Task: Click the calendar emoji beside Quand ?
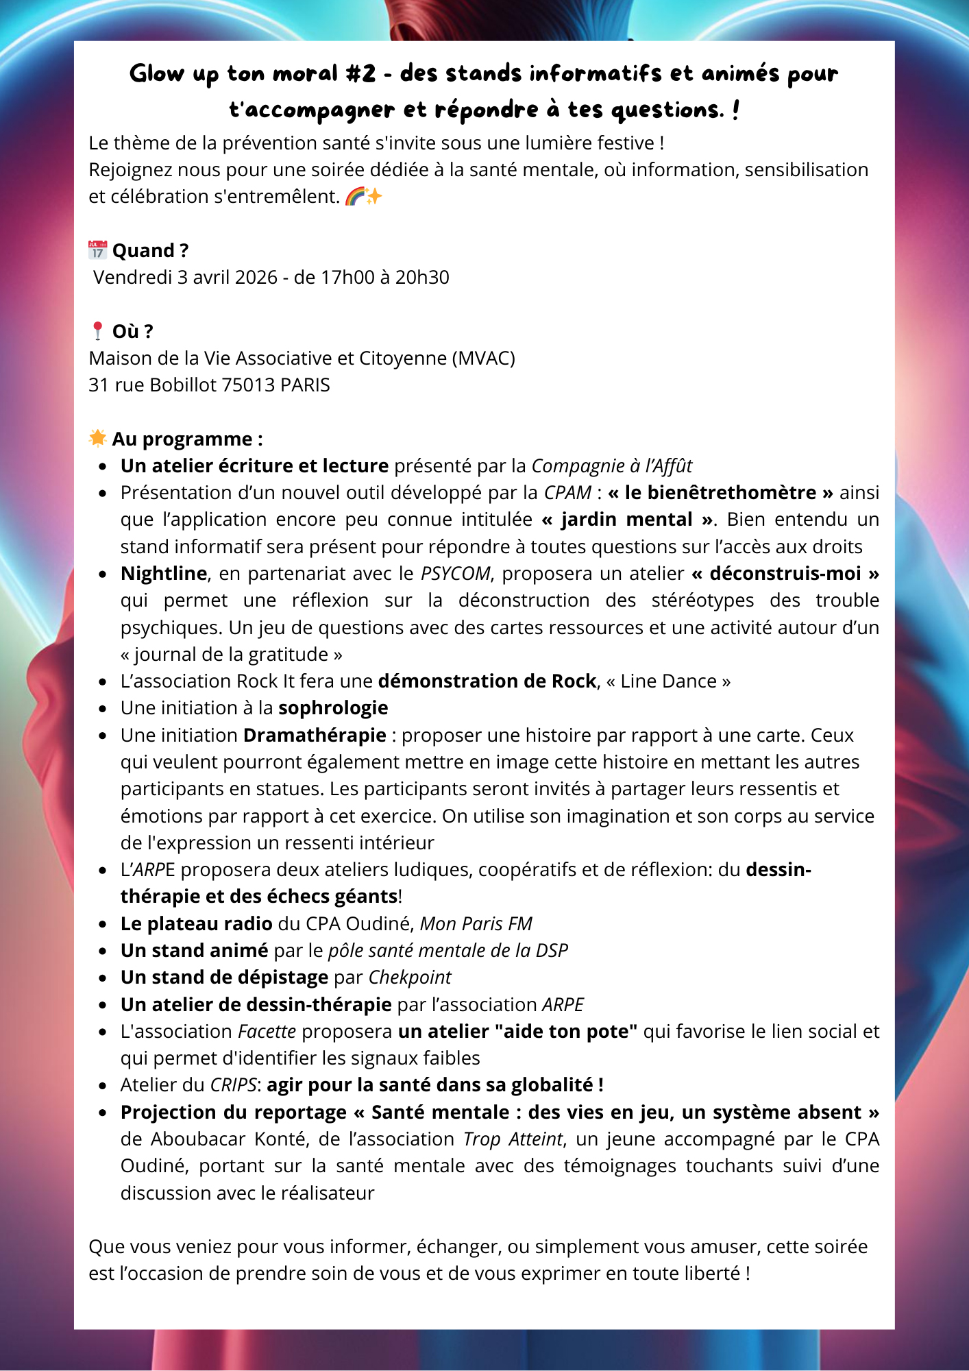tap(98, 250)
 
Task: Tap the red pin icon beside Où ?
tap(97, 331)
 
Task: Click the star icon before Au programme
tap(98, 438)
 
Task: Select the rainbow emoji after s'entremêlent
tap(355, 197)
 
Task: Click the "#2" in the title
tap(360, 73)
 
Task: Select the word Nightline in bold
tap(164, 573)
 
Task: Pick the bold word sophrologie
tap(333, 708)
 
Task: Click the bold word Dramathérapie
tap(315, 736)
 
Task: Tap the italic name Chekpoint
tap(410, 978)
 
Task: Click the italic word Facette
tap(267, 1032)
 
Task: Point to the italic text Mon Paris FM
tap(476, 924)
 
